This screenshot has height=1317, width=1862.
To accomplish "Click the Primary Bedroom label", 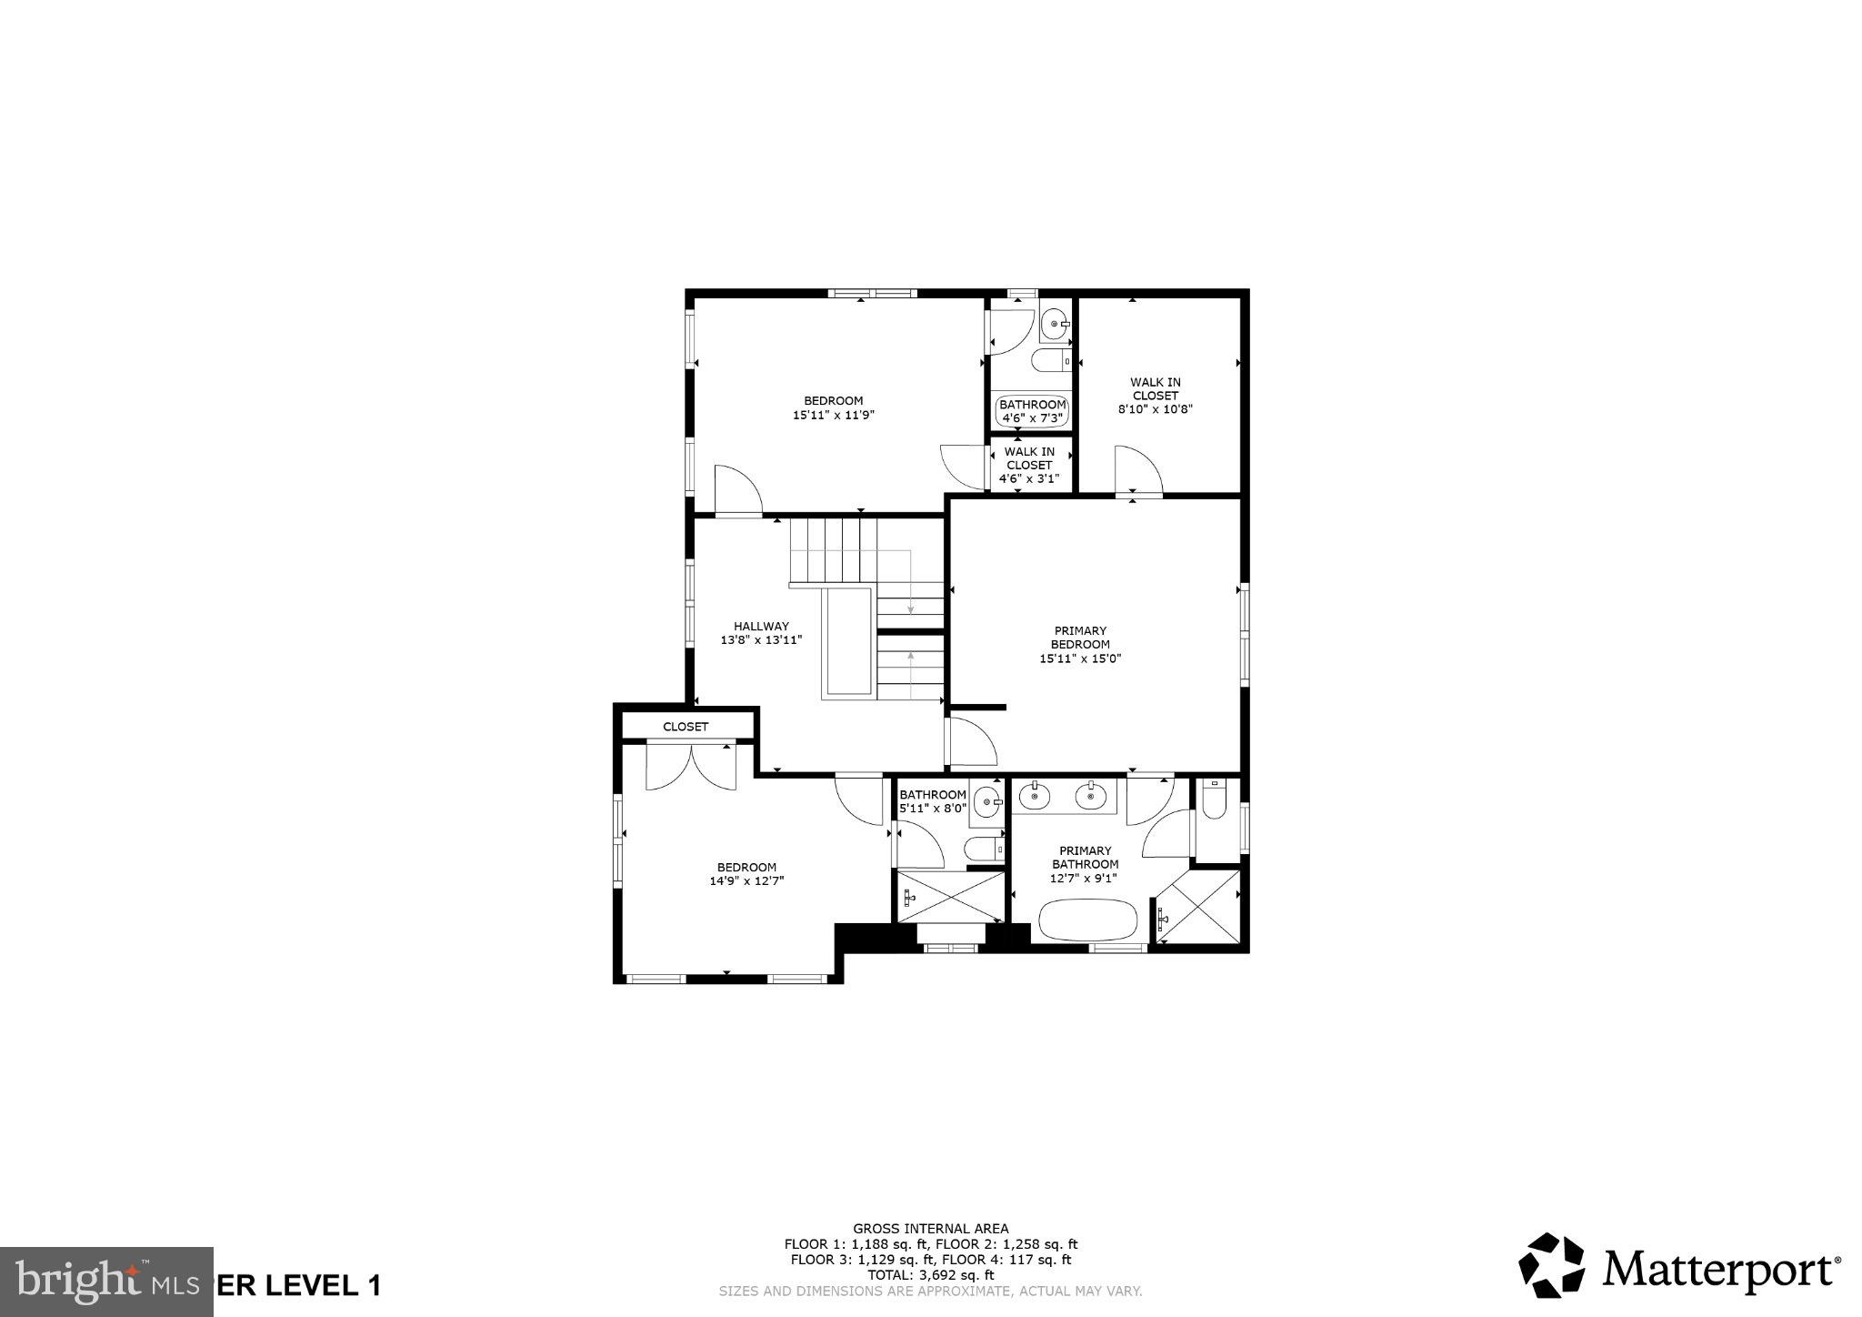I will coord(1080,638).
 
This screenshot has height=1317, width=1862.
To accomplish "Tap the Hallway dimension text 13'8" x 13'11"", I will coord(761,640).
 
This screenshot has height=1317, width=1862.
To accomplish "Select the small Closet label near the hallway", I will coord(685,727).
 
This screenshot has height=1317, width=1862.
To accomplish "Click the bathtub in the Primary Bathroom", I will coord(1087,920).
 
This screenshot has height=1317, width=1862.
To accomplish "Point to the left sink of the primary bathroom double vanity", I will coord(1035,797).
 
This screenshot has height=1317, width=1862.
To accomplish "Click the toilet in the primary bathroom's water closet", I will coord(1214,799).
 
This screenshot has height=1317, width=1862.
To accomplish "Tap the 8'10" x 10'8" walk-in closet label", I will coord(1155,396).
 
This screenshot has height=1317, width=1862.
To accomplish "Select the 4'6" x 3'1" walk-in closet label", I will coord(1029,466).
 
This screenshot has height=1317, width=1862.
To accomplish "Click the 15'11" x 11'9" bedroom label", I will coord(833,407).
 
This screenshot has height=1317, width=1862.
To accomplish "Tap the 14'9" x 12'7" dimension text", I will coord(746,881).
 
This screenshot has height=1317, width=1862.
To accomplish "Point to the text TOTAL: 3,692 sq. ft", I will coord(930,1275).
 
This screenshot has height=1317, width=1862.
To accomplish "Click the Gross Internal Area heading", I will coord(930,1228).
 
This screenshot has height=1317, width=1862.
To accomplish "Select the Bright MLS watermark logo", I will coord(106,1282).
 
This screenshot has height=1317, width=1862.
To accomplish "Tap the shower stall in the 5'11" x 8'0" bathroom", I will coord(950,897).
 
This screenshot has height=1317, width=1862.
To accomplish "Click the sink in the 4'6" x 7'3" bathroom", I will coord(1055,323).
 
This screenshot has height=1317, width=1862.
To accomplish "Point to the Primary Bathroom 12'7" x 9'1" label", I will coord(1085,865).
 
